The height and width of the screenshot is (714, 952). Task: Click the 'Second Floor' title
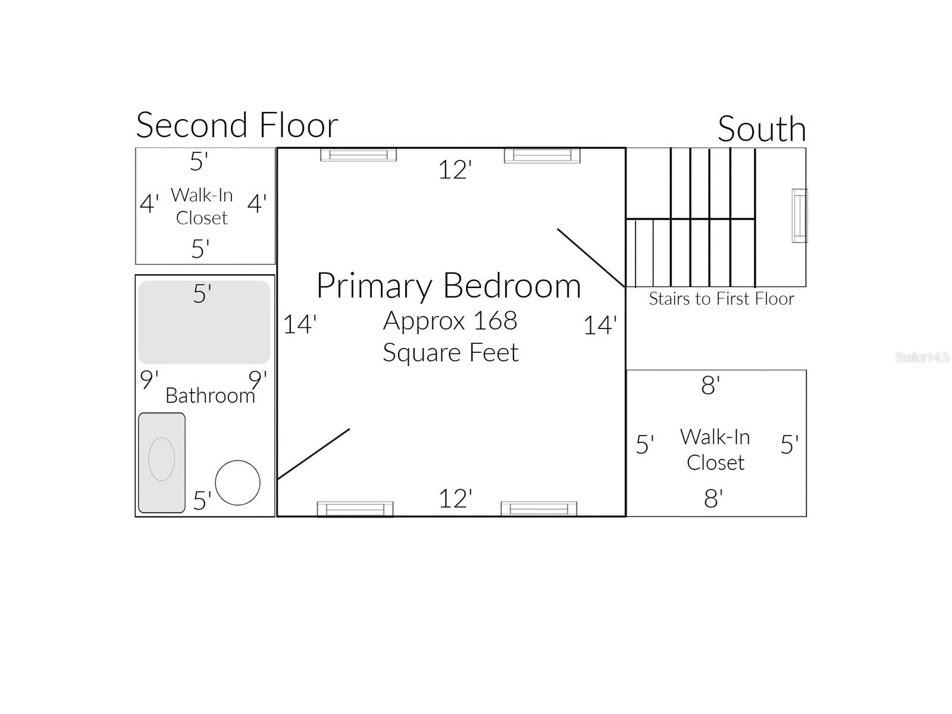click(x=237, y=126)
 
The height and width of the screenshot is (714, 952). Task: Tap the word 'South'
click(x=762, y=129)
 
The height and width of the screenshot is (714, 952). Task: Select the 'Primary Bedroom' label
click(x=449, y=286)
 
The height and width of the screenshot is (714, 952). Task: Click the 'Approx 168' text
click(x=450, y=321)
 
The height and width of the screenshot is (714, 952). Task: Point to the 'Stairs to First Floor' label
click(x=721, y=299)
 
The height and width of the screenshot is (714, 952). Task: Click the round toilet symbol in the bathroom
click(x=237, y=483)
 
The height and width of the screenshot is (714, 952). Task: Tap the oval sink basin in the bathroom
click(x=161, y=459)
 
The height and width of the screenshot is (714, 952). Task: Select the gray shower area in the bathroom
click(x=204, y=322)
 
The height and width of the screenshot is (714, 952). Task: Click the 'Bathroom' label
click(x=210, y=396)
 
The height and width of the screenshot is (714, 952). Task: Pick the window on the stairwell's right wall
click(x=799, y=215)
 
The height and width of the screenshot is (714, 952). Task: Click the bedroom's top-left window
click(x=358, y=155)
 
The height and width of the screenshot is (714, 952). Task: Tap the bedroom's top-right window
click(x=541, y=155)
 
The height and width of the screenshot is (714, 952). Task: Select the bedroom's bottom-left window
click(x=355, y=509)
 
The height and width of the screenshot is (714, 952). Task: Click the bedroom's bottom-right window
click(x=538, y=509)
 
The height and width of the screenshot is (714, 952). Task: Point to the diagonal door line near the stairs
click(x=590, y=258)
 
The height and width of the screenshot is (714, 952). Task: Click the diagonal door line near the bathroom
click(x=314, y=453)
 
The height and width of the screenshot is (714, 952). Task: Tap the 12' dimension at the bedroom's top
click(x=455, y=170)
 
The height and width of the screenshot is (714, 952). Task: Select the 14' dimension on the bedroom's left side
click(x=299, y=325)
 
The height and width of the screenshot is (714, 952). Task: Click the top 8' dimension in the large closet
click(x=710, y=386)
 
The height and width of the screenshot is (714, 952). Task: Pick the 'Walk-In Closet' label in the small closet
click(x=202, y=206)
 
